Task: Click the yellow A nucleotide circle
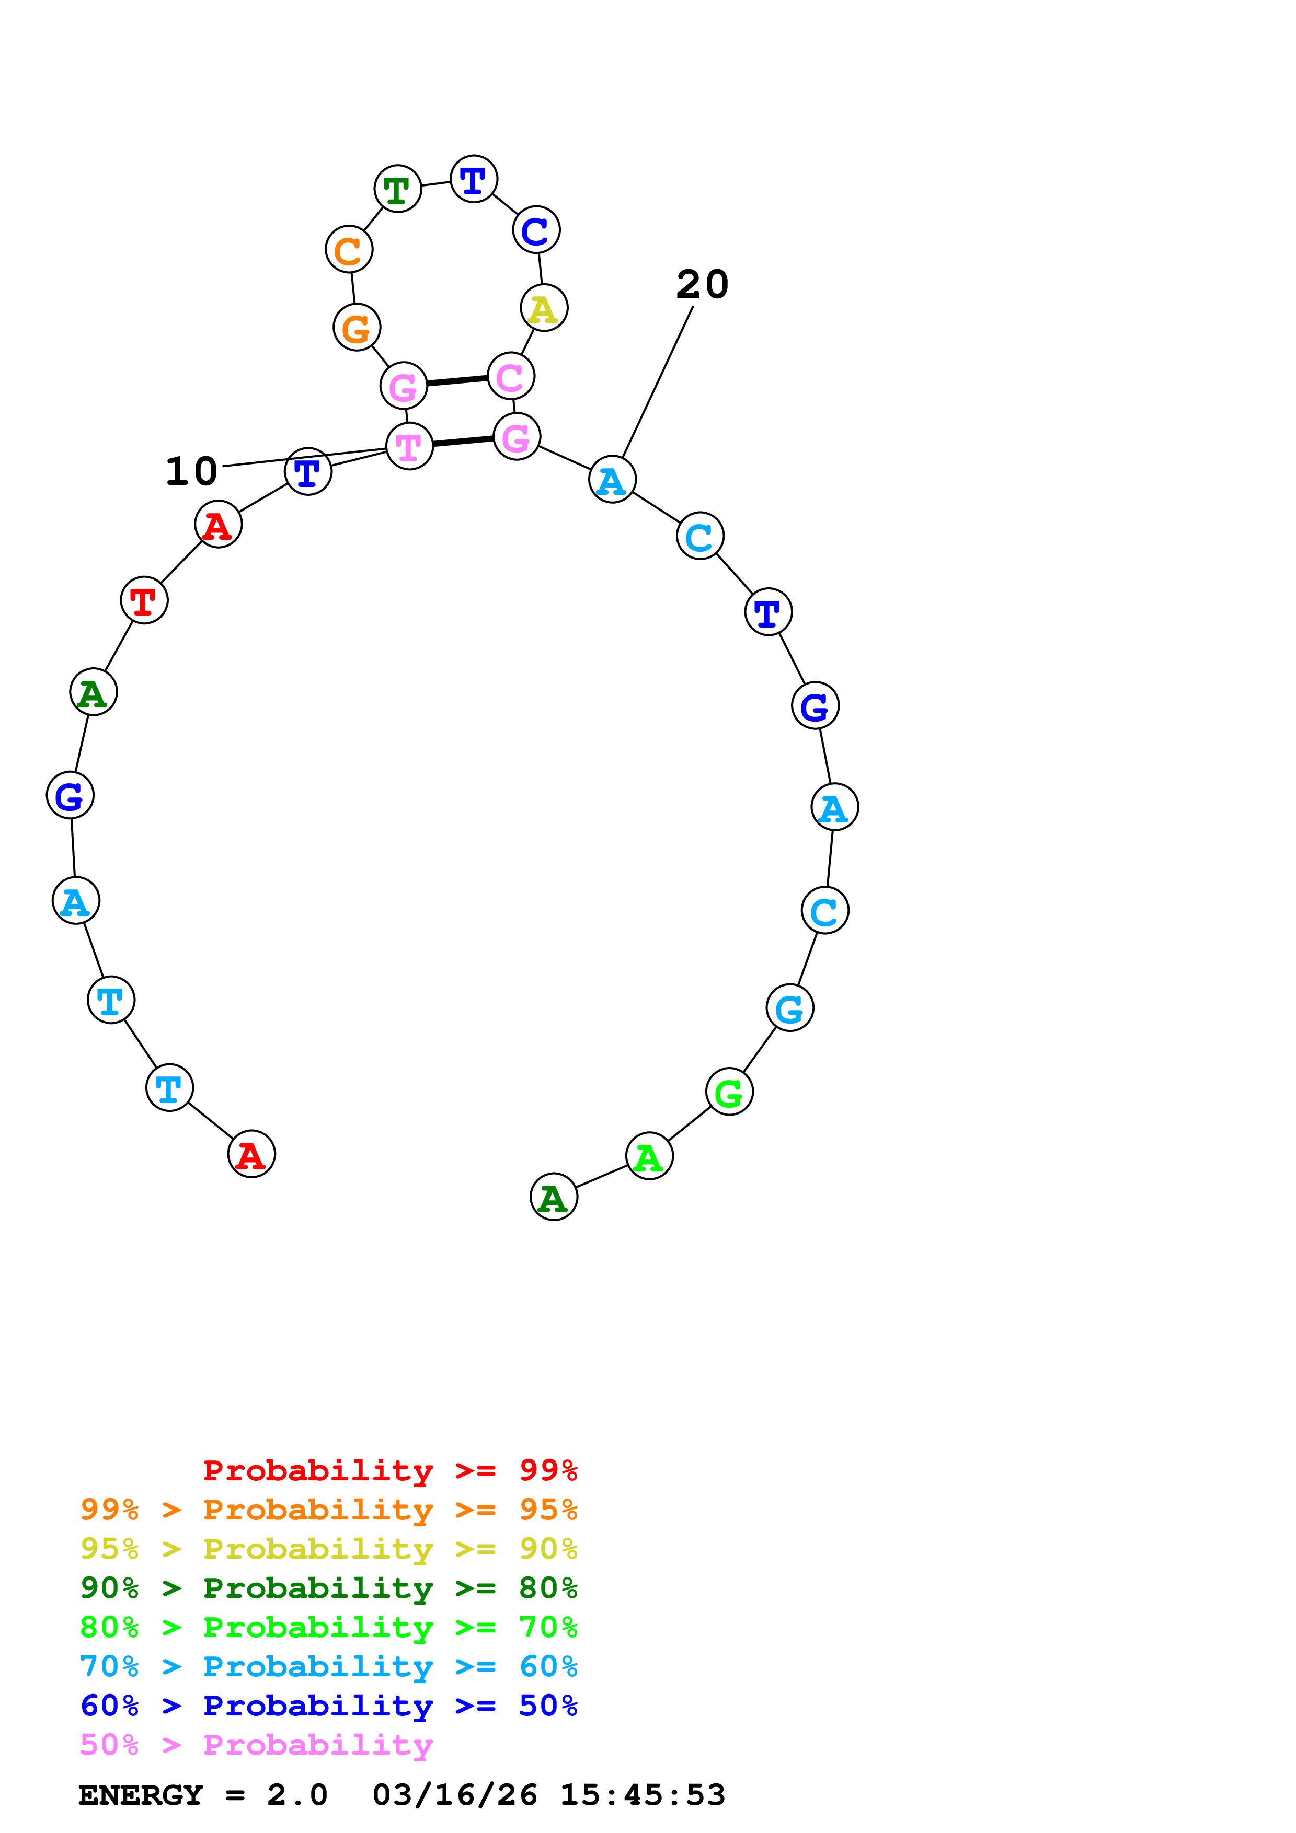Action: pyautogui.click(x=544, y=308)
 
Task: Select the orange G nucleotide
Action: pyautogui.click(x=356, y=327)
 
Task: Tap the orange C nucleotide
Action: pyautogui.click(x=349, y=250)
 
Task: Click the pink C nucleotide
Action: pyautogui.click(x=510, y=377)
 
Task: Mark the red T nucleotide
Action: pyautogui.click(x=144, y=600)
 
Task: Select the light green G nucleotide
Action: pyautogui.click(x=729, y=1092)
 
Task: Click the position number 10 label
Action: pyautogui.click(x=192, y=471)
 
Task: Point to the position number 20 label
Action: pyautogui.click(x=703, y=284)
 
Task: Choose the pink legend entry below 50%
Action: pyautogui.click(x=256, y=1745)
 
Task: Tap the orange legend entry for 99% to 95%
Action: pyautogui.click(x=328, y=1510)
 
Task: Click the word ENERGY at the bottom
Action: pyautogui.click(x=141, y=1795)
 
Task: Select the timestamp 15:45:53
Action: pyautogui.click(x=643, y=1795)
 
